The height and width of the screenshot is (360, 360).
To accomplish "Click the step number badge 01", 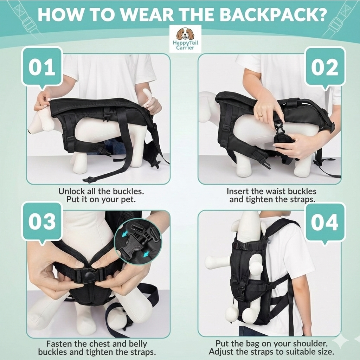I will click(x=42, y=67).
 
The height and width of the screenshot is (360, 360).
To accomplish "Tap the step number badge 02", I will click(x=325, y=67).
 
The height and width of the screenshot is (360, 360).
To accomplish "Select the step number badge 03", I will click(x=42, y=222).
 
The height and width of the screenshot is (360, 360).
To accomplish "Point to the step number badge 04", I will click(x=325, y=223).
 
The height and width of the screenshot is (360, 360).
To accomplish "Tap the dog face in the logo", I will click(x=185, y=34).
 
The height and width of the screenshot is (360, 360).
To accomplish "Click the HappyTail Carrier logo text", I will click(x=185, y=45).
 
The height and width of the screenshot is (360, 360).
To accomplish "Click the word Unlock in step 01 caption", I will click(x=72, y=192).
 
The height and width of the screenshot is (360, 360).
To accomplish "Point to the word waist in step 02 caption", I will click(x=276, y=192).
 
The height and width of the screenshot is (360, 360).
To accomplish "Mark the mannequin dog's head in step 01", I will click(x=39, y=123).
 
